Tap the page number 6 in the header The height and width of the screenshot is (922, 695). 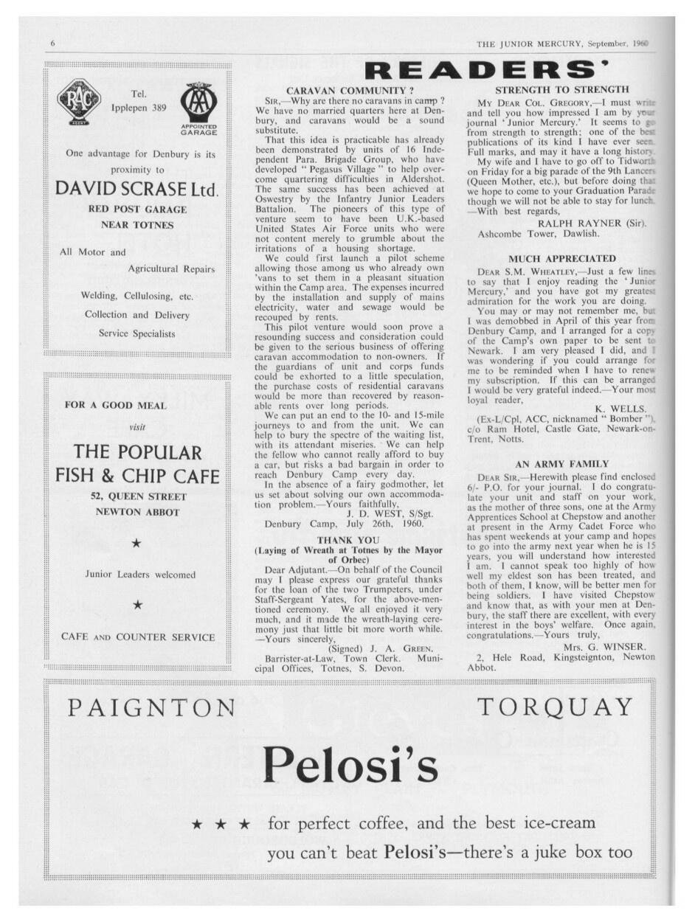[53, 44]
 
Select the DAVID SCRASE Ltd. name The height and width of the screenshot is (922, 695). [138, 188]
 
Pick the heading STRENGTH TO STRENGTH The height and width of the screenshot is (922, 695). [560, 89]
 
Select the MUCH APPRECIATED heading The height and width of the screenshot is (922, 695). [561, 258]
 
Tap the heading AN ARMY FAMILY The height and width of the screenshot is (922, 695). [561, 464]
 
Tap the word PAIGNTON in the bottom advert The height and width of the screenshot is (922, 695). [152, 708]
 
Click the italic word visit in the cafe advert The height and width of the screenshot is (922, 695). [138, 427]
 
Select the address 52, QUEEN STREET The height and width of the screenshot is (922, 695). [138, 496]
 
